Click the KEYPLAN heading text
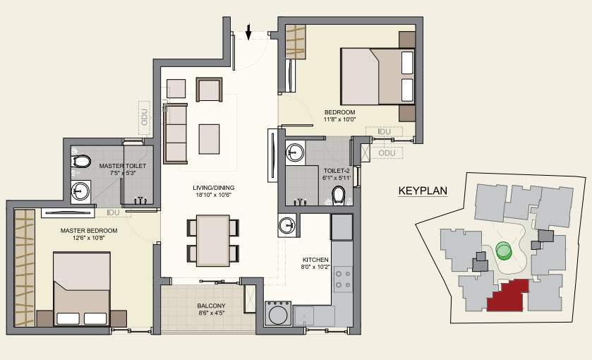423,191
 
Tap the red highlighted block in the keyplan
510,294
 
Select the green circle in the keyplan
502,250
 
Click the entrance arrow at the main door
248,31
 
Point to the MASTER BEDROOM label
89,230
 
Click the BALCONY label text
211,306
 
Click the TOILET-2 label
337,171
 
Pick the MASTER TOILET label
122,166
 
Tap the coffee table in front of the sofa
209,138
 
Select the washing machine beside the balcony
277,313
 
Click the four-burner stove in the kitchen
343,278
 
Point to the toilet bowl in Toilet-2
339,193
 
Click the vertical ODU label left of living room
145,116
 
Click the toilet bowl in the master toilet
81,162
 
